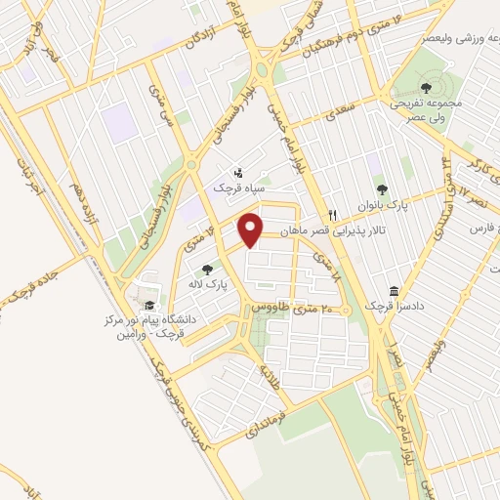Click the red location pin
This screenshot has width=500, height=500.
[253, 230]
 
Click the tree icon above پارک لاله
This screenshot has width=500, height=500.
[207, 269]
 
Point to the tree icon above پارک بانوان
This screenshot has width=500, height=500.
[381, 189]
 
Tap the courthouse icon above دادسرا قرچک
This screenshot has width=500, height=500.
[393, 291]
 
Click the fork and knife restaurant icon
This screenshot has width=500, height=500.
[333, 215]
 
